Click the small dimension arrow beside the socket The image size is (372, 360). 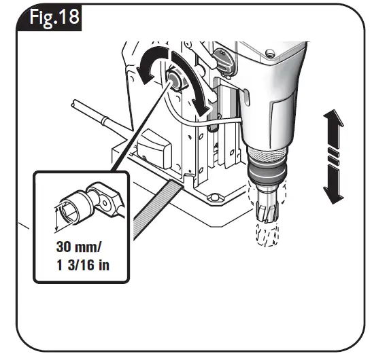pos(57,213)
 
